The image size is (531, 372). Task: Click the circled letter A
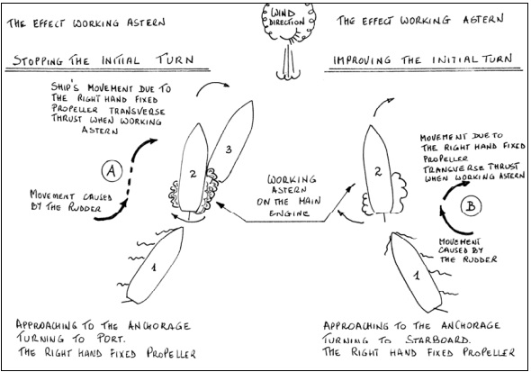[x=112, y=171]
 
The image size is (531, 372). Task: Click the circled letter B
[x=471, y=206]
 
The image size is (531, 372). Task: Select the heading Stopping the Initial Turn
[x=103, y=60]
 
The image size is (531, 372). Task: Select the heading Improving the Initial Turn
[x=422, y=59]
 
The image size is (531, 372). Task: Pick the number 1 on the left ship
[x=154, y=268]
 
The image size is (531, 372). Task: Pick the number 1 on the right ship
[x=417, y=275]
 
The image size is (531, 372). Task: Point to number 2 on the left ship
[x=193, y=174]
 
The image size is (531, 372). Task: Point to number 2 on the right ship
[x=378, y=171]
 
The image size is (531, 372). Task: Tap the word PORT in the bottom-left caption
[x=110, y=339]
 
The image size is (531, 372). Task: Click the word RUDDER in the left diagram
[x=85, y=207]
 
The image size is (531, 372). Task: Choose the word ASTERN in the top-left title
[x=146, y=23]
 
